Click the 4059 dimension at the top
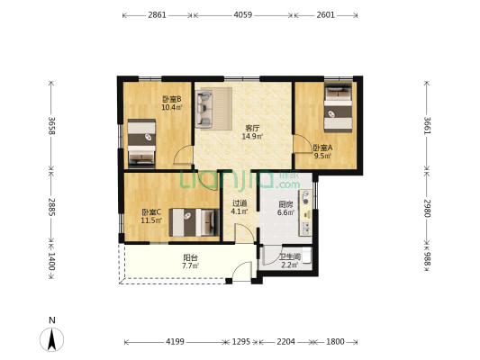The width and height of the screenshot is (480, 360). tap(243, 14)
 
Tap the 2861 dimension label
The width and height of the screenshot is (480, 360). tap(157, 14)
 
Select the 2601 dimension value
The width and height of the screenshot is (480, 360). tap(325, 14)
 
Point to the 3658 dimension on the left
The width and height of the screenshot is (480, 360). tap(51, 126)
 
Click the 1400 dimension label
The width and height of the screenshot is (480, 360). tap(51, 262)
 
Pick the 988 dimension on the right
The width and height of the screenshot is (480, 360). tap(427, 259)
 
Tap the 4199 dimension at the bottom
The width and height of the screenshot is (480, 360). tap(175, 341)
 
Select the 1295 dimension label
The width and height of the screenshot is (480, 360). tap(241, 341)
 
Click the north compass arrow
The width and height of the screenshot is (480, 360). tap(52, 339)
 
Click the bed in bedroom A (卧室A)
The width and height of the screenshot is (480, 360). tap(338, 107)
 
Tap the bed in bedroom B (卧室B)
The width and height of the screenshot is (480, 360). tap(141, 143)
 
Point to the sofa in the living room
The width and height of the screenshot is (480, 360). tap(204, 108)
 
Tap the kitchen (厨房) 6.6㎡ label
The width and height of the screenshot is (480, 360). tap(285, 208)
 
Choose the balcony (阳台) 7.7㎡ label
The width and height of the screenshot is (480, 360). tap(190, 262)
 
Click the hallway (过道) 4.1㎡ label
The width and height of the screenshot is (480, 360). tap(240, 207)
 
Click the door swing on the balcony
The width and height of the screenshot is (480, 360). tap(242, 271)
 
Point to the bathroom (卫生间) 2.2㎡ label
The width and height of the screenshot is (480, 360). tap(290, 261)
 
